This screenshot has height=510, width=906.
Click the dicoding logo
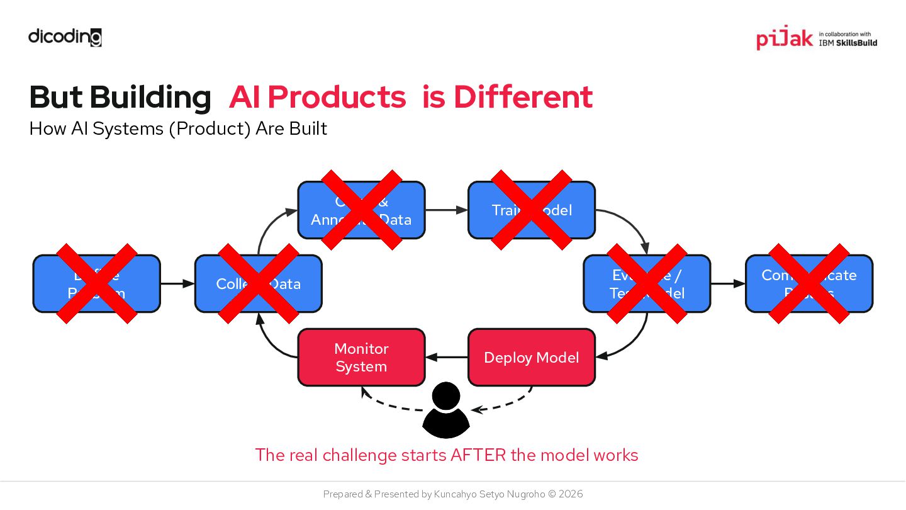click(65, 37)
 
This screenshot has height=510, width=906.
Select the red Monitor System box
click(361, 357)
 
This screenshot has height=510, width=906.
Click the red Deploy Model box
click(532, 357)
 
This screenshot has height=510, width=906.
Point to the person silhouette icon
click(446, 410)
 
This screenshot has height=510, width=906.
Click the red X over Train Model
click(532, 210)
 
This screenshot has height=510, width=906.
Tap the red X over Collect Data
click(259, 283)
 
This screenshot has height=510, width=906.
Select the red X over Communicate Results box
click(809, 283)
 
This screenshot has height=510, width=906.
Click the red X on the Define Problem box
click(97, 283)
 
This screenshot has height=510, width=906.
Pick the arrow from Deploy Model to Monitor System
click(447, 357)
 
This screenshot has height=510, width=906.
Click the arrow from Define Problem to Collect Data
click(177, 283)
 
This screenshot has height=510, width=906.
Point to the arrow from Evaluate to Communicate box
click(728, 283)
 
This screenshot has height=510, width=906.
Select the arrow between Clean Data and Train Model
click(446, 210)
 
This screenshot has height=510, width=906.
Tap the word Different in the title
click(523, 97)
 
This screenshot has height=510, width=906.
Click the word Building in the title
click(150, 97)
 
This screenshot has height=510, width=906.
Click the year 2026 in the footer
click(570, 494)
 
